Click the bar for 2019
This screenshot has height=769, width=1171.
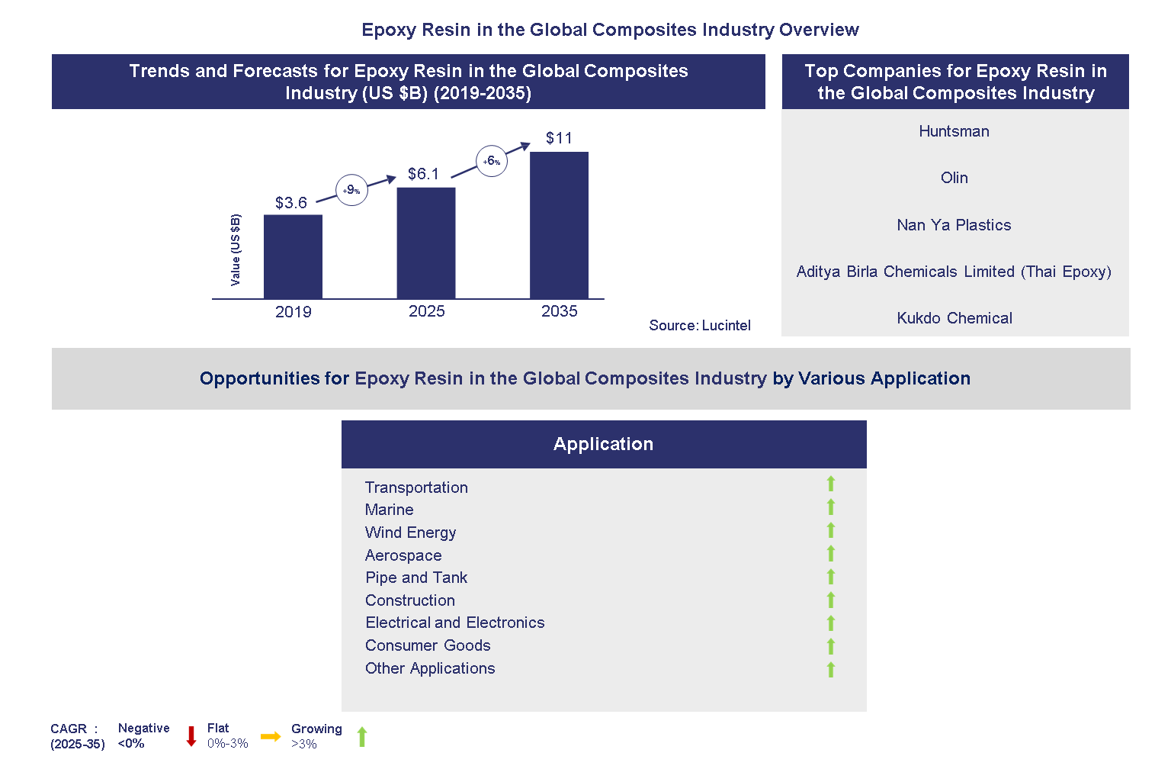[293, 256]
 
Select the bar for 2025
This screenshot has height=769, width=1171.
[426, 243]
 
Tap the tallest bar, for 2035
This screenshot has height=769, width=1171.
[559, 225]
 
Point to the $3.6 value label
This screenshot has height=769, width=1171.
[291, 203]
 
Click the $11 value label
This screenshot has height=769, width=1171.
[559, 138]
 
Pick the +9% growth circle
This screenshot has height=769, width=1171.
[351, 190]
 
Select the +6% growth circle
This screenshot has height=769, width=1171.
[492, 161]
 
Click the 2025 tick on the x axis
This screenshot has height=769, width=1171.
[426, 311]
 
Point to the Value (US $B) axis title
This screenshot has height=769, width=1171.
[236, 250]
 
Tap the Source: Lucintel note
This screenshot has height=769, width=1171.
[699, 326]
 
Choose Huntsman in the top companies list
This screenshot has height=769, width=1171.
[954, 131]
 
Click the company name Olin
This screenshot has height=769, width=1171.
[954, 178]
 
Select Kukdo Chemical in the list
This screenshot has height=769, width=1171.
[954, 318]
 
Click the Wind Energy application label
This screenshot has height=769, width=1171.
[410, 533]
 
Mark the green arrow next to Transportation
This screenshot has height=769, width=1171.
[831, 484]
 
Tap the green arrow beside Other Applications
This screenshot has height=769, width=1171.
[831, 670]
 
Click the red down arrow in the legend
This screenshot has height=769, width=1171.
[191, 736]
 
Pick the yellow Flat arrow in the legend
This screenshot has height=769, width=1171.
[271, 736]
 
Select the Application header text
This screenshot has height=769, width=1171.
[603, 444]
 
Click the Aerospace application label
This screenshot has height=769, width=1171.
[403, 555]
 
